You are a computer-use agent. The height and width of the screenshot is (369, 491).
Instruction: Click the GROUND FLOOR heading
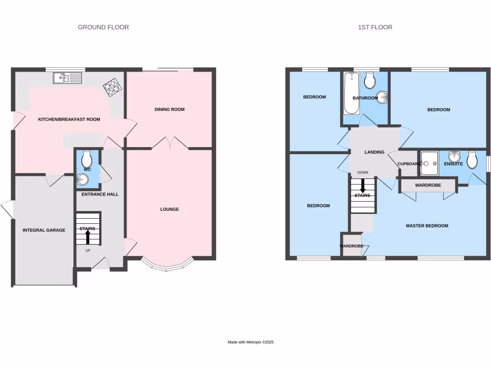point(103,27)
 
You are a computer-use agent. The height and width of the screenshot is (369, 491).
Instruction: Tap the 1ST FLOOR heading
point(375,27)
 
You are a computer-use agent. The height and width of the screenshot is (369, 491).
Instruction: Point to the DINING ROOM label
point(169,110)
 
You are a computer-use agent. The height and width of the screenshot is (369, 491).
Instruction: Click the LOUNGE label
point(169,209)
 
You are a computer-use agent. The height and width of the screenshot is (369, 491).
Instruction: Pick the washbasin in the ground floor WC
point(82,180)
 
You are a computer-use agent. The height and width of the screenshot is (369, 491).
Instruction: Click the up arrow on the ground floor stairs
point(88,237)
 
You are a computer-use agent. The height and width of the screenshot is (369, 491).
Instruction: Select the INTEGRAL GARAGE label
point(44,230)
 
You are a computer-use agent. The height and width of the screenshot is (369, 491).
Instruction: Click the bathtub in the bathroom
point(351,94)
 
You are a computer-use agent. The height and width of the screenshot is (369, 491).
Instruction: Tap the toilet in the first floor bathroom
point(370,81)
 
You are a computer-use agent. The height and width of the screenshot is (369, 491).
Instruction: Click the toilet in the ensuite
point(472,160)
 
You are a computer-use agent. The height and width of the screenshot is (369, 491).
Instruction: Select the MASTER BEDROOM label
point(427,226)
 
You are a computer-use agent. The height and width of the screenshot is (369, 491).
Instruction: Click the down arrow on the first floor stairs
point(362,186)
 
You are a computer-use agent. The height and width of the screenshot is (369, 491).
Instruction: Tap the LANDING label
point(374,152)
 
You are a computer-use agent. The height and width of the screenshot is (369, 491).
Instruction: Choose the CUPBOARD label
point(409,164)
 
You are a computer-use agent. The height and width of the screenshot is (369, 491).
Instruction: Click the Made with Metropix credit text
point(250,342)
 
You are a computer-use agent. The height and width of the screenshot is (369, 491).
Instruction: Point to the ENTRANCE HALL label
point(100,194)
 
